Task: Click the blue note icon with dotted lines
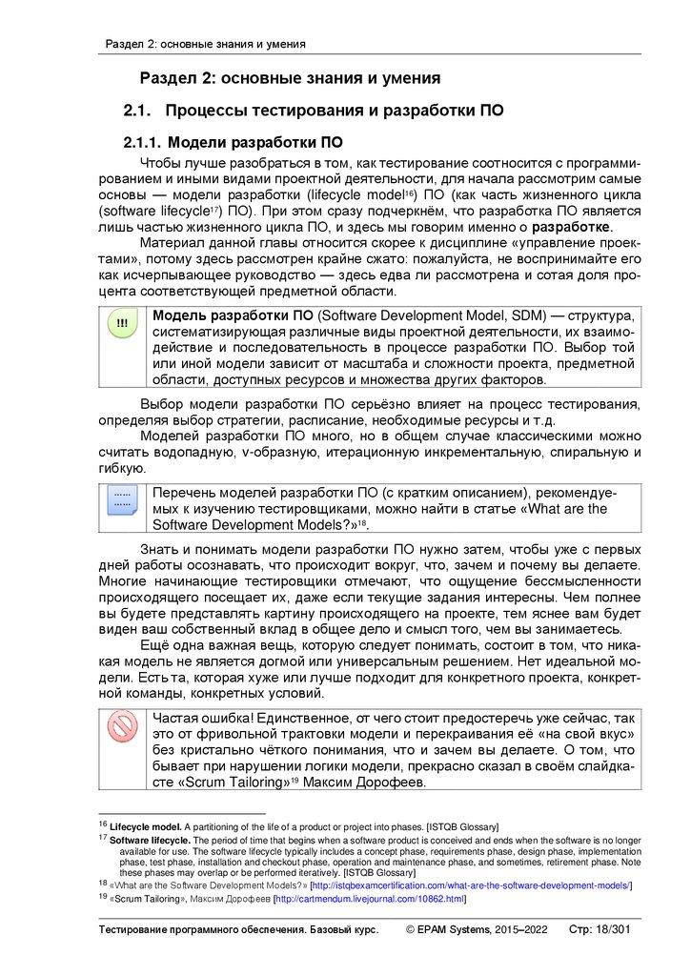122,501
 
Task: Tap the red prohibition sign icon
122,728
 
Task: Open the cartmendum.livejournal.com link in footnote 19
369,899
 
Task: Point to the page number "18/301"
619,929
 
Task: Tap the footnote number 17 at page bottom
103,839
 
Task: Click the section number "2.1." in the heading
138,112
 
